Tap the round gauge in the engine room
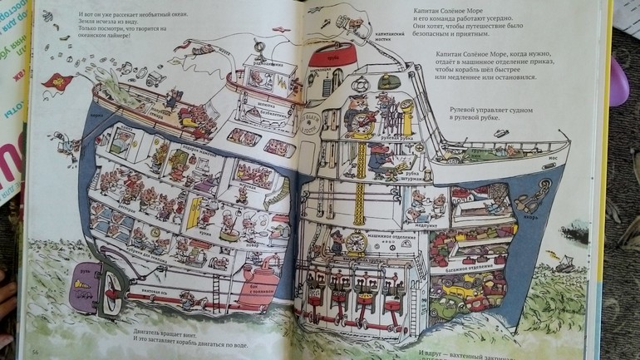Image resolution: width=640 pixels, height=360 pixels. click(x=355, y=241)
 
